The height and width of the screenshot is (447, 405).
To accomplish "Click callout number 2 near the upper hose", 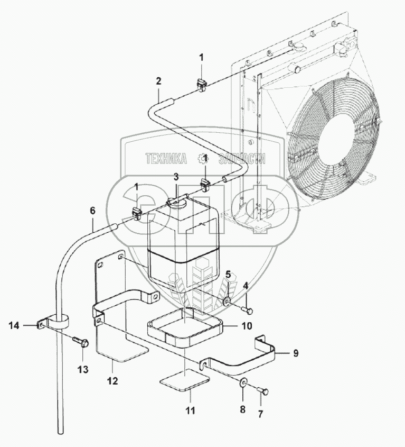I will coord(158,81).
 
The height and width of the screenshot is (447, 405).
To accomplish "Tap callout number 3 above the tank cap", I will coord(176,177).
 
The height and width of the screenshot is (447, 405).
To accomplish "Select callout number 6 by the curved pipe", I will coord(92,211).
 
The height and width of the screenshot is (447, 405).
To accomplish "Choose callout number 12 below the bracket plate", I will coord(112,381).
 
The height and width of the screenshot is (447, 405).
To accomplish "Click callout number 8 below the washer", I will coord(242,408).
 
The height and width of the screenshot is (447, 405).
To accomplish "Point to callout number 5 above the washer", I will coord(229,274).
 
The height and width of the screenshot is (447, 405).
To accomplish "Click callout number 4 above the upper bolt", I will coord(245,286).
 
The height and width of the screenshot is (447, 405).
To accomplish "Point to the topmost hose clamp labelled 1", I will coord(202,83).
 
